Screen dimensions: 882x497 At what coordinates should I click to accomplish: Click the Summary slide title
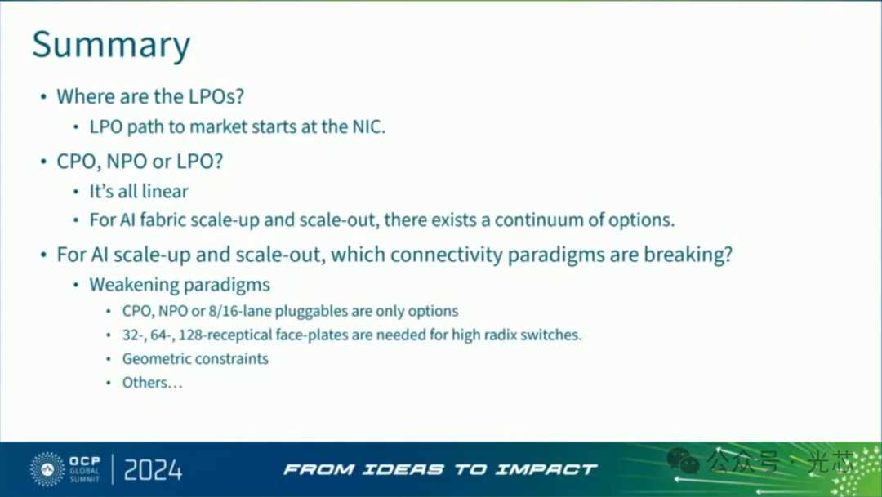coord(111,45)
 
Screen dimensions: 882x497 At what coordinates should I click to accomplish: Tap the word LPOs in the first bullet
coord(216,96)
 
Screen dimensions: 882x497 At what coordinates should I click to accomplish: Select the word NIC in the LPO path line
coord(369,126)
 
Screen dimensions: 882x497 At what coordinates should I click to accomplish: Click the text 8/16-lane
coord(239,311)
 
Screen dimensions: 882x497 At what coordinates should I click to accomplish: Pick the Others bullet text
coord(153,383)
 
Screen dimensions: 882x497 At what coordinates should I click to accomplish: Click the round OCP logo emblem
coord(47,469)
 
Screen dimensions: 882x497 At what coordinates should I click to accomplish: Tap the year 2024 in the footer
coord(153,470)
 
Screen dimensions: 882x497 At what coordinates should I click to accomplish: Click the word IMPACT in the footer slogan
coord(546,469)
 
